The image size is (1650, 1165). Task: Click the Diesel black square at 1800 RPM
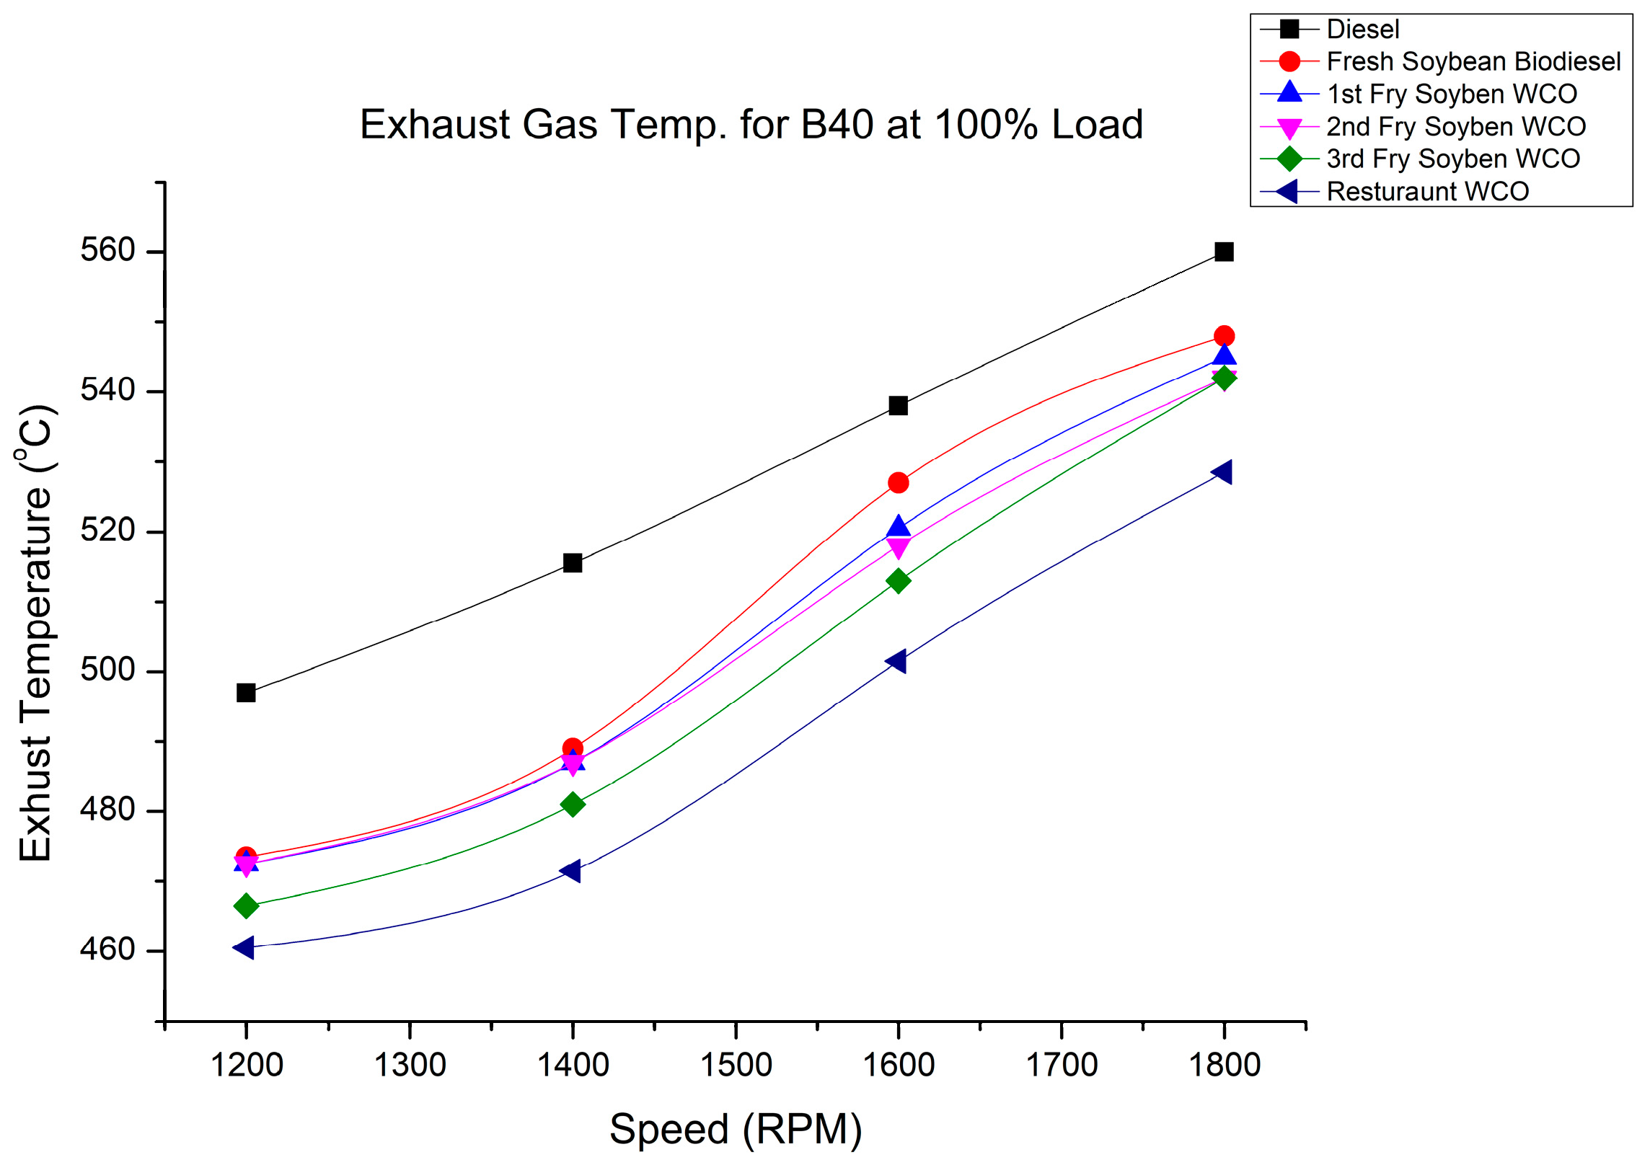[1224, 252]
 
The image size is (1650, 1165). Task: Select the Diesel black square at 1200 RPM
[246, 693]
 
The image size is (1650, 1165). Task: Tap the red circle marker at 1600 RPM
[898, 482]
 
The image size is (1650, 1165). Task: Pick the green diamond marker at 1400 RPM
[573, 804]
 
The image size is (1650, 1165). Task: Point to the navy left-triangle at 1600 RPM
[896, 660]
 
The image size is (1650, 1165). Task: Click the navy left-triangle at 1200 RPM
[244, 947]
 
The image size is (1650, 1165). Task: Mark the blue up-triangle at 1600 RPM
[898, 527]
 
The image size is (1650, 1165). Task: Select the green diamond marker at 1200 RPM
[246, 905]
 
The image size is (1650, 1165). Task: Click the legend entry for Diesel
[1362, 30]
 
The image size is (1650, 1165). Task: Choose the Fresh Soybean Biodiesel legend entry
[1473, 62]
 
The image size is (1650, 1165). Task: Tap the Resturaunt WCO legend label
[1427, 192]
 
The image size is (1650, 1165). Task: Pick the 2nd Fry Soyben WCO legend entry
[1455, 127]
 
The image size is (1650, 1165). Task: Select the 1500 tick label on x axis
[736, 1065]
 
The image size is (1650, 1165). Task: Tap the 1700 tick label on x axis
[1062, 1065]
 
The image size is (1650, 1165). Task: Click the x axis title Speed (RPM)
[736, 1130]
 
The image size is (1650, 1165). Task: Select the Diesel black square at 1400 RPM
[573, 563]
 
